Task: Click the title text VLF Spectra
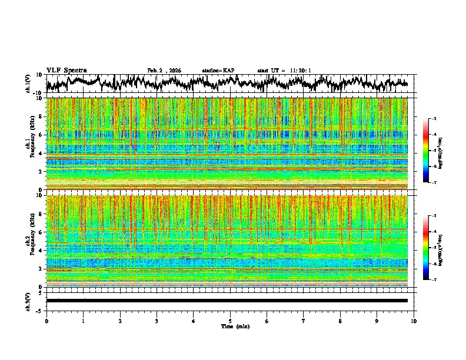[66, 70]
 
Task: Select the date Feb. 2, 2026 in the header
[164, 71]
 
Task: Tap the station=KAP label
[218, 71]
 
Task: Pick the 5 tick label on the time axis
[230, 321]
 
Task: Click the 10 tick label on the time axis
[414, 321]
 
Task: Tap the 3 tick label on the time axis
[157, 321]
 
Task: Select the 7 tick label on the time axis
[304, 321]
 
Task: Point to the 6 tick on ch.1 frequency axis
[41, 135]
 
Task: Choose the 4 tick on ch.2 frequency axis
[41, 250]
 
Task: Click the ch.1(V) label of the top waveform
[28, 84]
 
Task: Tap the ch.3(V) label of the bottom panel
[28, 301]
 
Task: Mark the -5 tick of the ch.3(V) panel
[39, 309]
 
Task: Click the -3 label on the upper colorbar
[434, 119]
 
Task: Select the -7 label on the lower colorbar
[434, 279]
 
